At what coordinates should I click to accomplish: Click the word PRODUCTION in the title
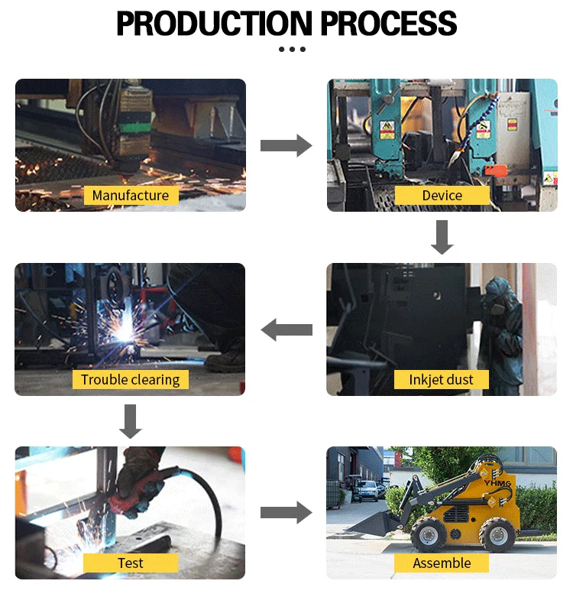pyautogui.click(x=215, y=24)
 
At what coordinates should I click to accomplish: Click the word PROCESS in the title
pyautogui.click(x=389, y=24)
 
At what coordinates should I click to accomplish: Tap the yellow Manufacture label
pyautogui.click(x=131, y=196)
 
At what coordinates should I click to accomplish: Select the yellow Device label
pyautogui.click(x=442, y=196)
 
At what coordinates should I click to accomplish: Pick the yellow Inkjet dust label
pyautogui.click(x=442, y=379)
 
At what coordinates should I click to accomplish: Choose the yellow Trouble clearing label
pyautogui.click(x=131, y=379)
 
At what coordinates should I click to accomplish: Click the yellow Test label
pyautogui.click(x=131, y=563)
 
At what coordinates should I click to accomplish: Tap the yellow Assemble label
pyautogui.click(x=442, y=563)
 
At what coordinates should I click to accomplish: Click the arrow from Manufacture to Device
pyautogui.click(x=286, y=145)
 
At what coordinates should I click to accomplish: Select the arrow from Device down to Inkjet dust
pyautogui.click(x=442, y=237)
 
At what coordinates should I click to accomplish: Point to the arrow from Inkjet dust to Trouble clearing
pyautogui.click(x=286, y=329)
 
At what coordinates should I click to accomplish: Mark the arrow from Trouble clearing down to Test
pyautogui.click(x=131, y=421)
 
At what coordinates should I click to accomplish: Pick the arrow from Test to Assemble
pyautogui.click(x=286, y=514)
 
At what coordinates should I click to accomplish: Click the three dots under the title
pyautogui.click(x=292, y=50)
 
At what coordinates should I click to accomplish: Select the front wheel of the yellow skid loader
pyautogui.click(x=427, y=534)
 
